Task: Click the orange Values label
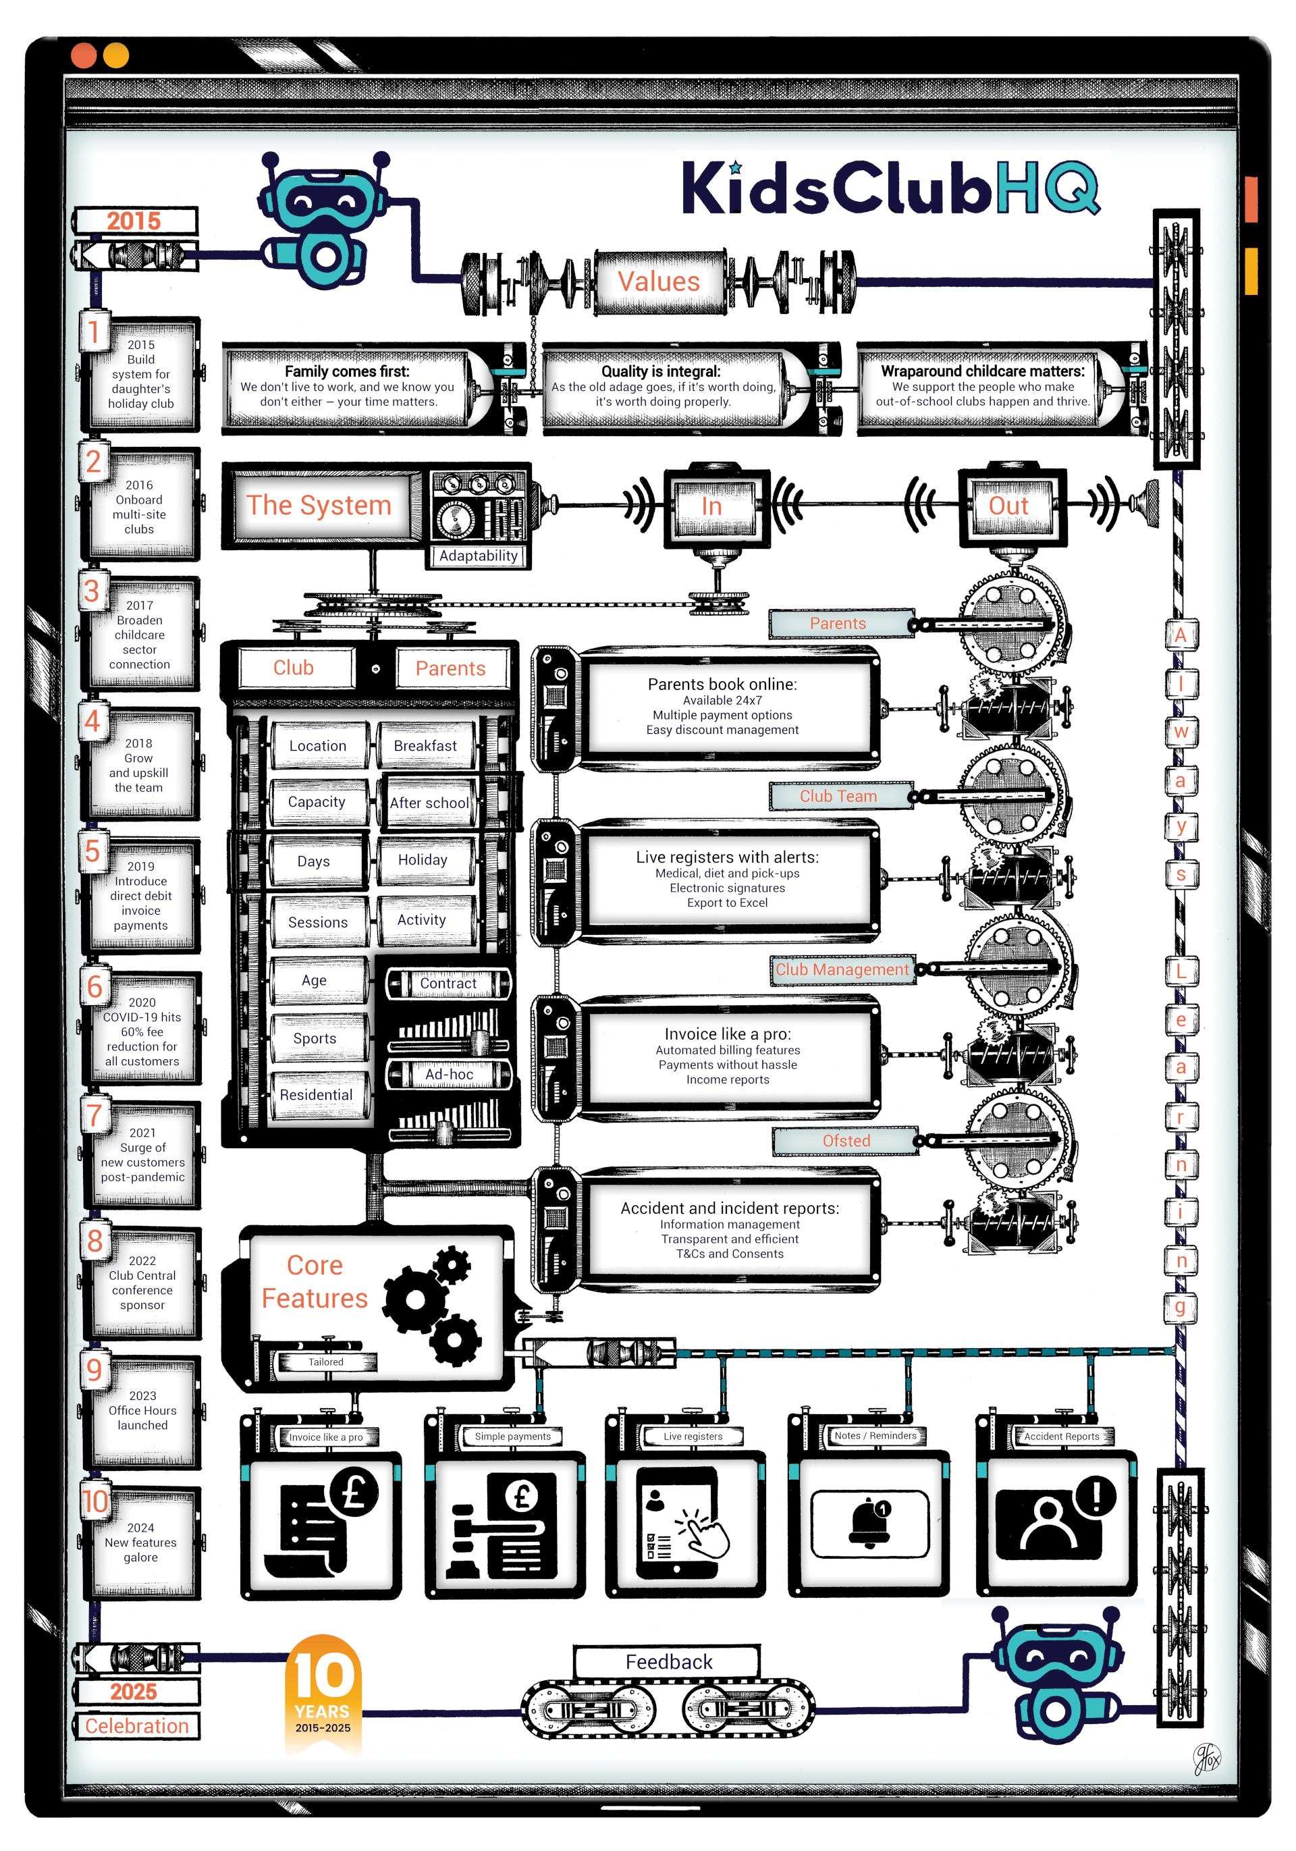659,281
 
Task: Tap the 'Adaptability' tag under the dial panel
478,556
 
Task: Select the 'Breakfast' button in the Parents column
425,746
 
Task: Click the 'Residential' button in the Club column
316,1095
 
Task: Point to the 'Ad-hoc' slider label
449,1074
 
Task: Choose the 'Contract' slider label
448,983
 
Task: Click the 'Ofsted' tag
846,1140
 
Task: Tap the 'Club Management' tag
842,969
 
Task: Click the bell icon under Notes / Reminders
869,1522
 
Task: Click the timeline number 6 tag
95,986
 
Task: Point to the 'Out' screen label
1008,506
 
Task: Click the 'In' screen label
711,506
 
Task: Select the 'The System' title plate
319,506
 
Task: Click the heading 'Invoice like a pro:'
727,1034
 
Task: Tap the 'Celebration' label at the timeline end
137,1725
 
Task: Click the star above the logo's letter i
735,167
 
